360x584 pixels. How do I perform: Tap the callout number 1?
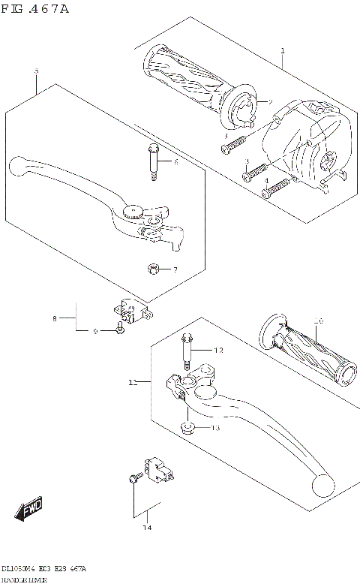(x=282, y=50)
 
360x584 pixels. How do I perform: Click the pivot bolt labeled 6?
(x=152, y=161)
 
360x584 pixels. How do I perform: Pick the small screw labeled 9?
(x=121, y=329)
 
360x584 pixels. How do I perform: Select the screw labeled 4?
(x=274, y=188)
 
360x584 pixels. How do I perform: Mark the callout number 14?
(x=147, y=528)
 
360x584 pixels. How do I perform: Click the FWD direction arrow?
(x=29, y=510)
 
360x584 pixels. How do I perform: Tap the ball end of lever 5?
(x=19, y=164)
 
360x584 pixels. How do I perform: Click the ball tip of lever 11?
(x=322, y=486)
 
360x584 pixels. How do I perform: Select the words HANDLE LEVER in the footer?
(x=25, y=579)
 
